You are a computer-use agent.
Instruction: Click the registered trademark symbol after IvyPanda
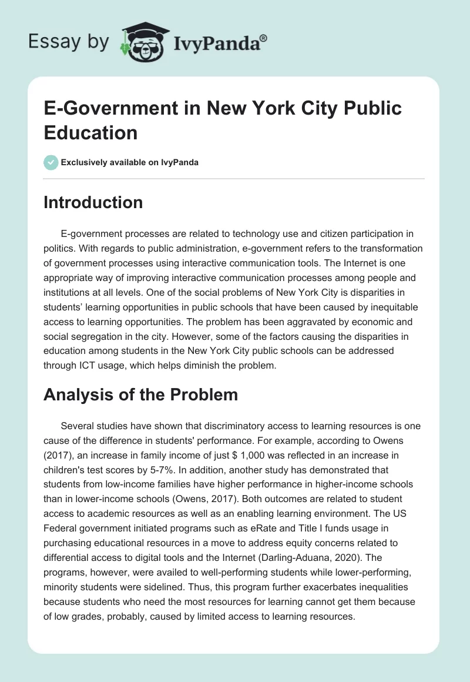click(264, 38)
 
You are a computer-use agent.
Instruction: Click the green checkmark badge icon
click(51, 162)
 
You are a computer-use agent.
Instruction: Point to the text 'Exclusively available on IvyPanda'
click(130, 162)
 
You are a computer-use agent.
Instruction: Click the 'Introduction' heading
click(93, 203)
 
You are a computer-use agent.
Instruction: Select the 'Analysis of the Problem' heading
click(140, 395)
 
